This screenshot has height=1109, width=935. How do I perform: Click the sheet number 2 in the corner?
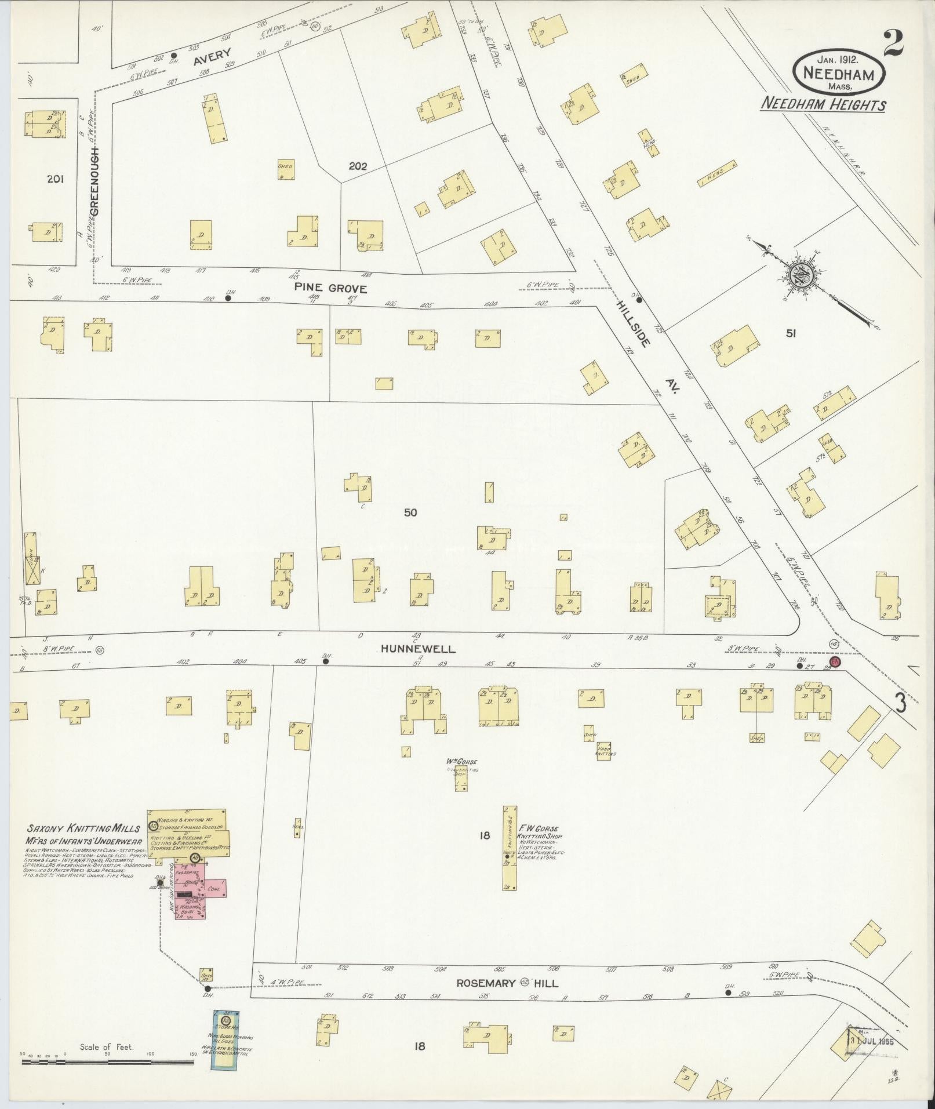[x=894, y=43]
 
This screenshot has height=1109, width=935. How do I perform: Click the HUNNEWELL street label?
[x=418, y=650]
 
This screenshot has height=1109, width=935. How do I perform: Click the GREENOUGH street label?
[x=94, y=181]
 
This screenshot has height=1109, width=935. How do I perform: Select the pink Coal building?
[x=214, y=888]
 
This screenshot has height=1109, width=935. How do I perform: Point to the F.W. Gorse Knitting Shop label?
[x=539, y=833]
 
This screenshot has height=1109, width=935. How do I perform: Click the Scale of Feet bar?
[x=110, y=1062]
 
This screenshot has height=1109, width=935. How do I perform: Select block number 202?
[x=358, y=166]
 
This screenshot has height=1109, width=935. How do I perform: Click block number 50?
[x=410, y=512]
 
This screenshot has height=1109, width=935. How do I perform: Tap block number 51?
[x=791, y=333]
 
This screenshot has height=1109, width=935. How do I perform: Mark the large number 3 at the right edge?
[x=900, y=703]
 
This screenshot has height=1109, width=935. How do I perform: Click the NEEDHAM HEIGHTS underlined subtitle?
[x=823, y=105]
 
